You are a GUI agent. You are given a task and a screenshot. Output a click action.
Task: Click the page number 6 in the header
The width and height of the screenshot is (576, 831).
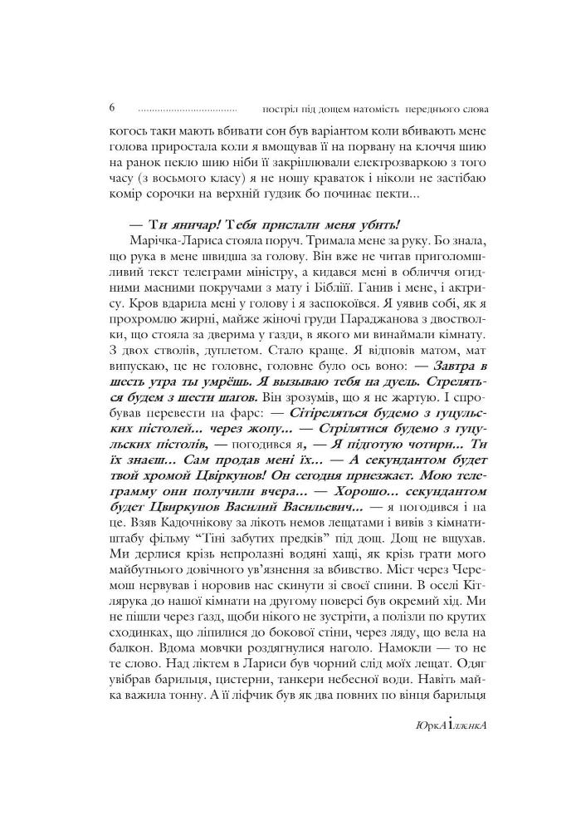point(111,107)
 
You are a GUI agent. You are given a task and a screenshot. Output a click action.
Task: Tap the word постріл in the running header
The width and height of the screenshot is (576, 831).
point(278,108)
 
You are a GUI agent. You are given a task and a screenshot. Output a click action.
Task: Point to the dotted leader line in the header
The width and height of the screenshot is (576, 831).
point(187,109)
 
